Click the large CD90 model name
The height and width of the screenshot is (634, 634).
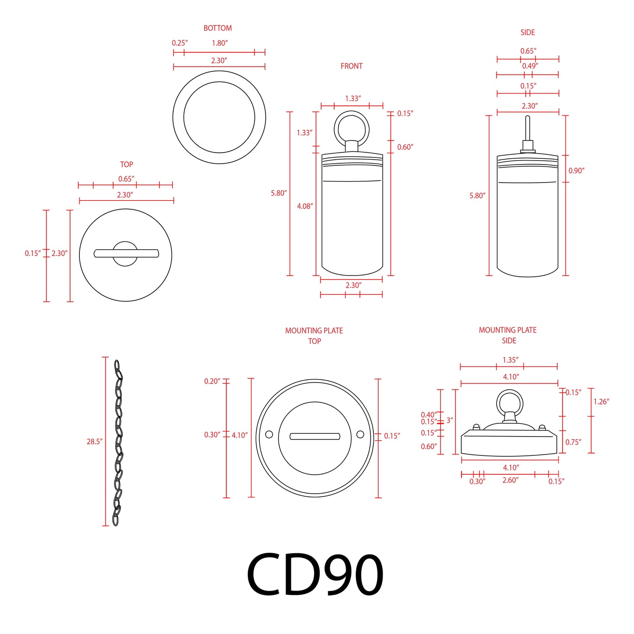315,574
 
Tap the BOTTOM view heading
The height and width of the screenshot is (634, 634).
218,28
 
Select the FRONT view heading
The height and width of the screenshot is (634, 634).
351,66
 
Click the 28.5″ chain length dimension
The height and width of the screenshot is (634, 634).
94,441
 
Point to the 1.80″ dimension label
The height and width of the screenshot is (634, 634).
219,43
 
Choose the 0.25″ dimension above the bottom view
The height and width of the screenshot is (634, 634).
179,43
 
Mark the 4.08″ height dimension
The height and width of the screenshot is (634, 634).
305,206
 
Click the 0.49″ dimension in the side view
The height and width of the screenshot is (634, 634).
530,66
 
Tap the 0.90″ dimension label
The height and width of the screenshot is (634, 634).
577,171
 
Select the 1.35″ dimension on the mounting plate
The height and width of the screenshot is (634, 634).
510,360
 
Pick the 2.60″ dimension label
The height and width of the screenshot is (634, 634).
510,480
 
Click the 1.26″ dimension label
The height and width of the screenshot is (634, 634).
601,401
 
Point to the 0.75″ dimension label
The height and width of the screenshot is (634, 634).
573,442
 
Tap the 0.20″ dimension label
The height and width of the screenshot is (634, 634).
212,381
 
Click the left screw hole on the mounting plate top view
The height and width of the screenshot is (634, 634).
269,434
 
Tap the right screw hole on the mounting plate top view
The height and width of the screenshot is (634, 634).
360,434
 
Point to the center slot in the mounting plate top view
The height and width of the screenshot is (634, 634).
315,436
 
